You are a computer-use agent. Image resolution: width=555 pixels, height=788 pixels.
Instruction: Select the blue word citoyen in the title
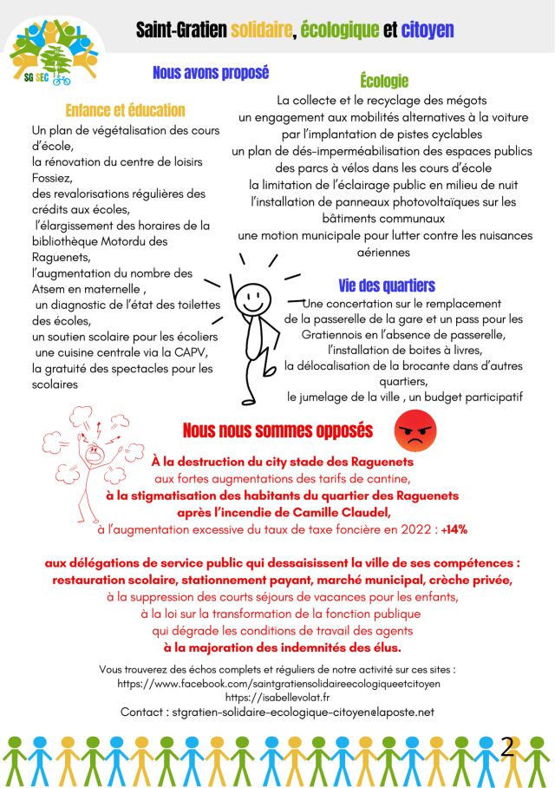pos(427,31)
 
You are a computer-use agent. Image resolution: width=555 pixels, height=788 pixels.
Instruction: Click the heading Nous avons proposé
pos(211,73)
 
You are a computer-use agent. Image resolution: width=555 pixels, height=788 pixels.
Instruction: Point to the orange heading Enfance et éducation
pos(125,110)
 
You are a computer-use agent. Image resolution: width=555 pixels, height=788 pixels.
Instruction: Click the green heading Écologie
pos(383,82)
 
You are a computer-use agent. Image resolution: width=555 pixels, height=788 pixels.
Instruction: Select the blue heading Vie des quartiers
pos(387,286)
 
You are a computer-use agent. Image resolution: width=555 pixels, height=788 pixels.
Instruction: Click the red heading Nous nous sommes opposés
pos(277,430)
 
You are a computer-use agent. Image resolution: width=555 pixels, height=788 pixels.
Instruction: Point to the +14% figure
pos(454,529)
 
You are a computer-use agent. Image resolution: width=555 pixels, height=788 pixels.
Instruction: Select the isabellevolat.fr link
pos(277,697)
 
